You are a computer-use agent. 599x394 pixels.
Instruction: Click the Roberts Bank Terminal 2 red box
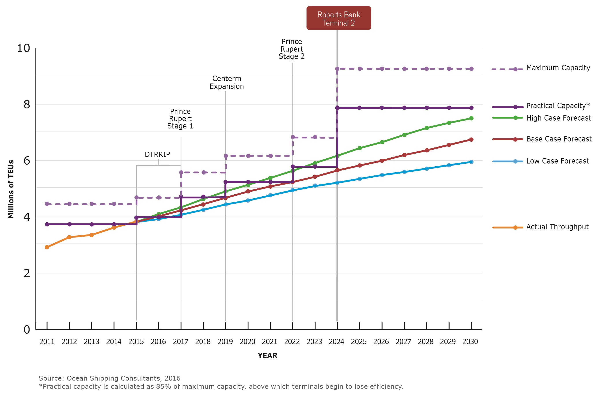[338, 18]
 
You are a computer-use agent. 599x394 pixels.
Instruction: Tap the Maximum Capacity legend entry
[558, 68]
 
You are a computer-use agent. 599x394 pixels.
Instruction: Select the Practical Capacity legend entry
[558, 106]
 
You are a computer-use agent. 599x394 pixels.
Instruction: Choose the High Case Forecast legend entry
[558, 118]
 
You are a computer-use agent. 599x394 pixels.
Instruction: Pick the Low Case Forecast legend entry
[558, 161]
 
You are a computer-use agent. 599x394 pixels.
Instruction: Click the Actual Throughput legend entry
[557, 227]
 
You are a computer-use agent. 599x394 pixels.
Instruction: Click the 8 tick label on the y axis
[27, 104]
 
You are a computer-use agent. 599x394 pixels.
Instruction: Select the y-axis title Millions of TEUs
[11, 189]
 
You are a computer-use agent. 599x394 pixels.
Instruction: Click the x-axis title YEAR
[267, 355]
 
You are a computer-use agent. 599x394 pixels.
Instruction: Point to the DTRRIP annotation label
[157, 154]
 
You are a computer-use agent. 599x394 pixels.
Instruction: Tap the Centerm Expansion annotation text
[226, 82]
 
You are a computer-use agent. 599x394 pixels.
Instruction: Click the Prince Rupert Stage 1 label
[180, 119]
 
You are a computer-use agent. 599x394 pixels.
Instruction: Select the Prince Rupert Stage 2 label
[291, 49]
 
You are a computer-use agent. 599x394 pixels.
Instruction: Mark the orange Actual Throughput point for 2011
[47, 247]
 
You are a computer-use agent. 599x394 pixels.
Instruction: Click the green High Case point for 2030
[471, 119]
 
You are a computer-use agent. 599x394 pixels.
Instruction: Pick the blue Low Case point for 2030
[471, 162]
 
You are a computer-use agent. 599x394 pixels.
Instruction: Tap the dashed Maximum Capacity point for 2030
[471, 69]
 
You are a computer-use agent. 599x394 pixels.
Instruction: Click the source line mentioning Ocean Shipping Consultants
[110, 378]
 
